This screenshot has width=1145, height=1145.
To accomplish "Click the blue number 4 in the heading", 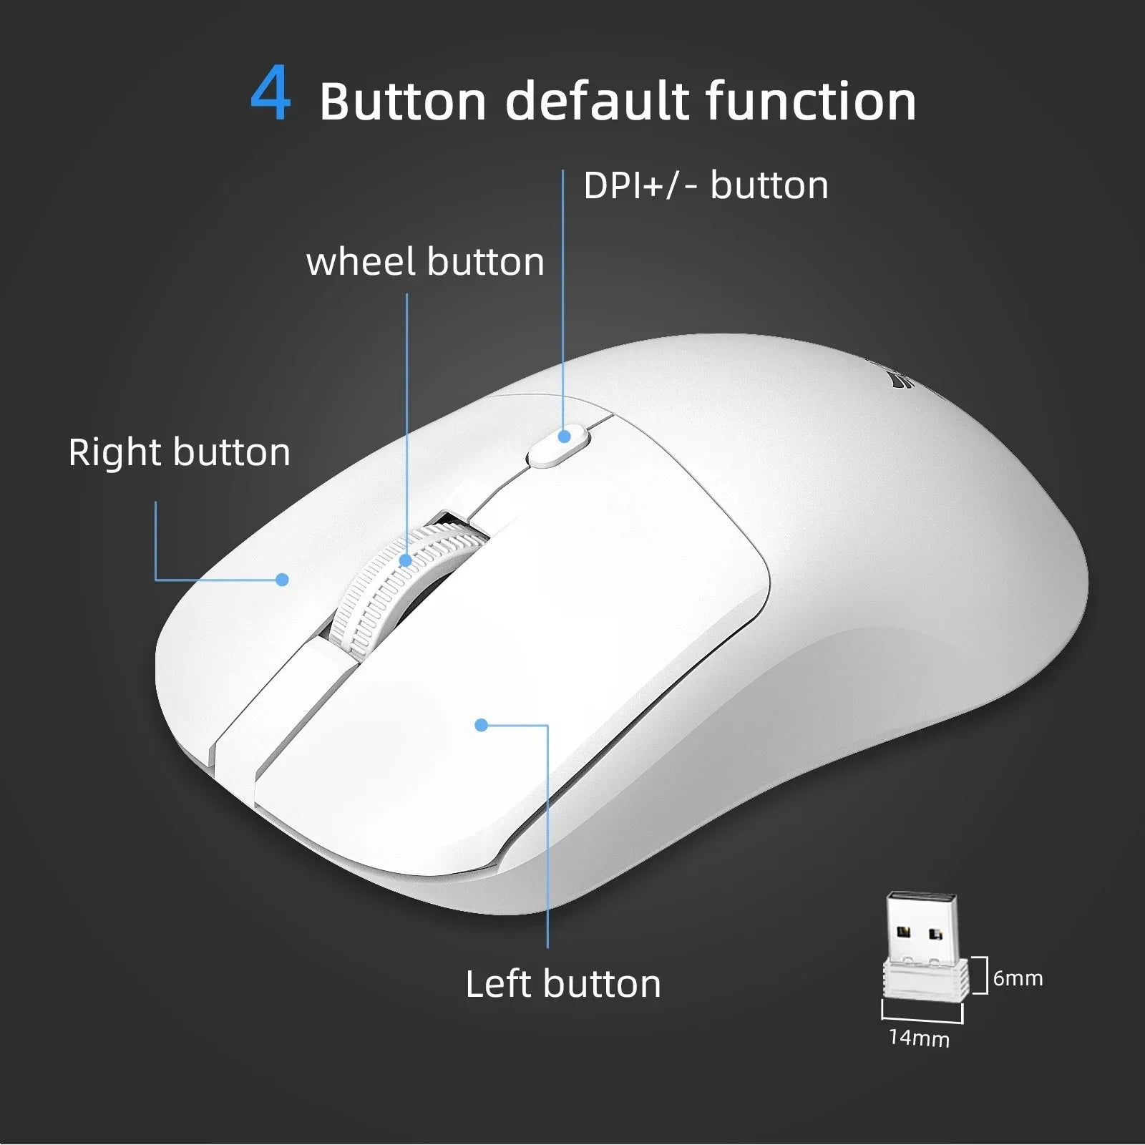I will point(271,94).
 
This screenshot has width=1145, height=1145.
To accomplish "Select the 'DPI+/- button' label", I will point(706,185).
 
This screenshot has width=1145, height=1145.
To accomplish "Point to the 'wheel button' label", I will point(425,261).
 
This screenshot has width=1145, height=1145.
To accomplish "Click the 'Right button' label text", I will point(180,452).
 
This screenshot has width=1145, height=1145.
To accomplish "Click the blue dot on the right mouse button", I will point(283,579).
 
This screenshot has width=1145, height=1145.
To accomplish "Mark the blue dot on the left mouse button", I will point(481,725).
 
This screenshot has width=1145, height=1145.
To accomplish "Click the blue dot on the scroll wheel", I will point(406,560).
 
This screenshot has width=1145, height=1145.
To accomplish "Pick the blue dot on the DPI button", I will point(565,436).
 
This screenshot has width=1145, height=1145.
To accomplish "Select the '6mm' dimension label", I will point(1018,978).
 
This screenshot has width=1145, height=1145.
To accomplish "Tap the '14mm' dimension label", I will point(919,1038).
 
